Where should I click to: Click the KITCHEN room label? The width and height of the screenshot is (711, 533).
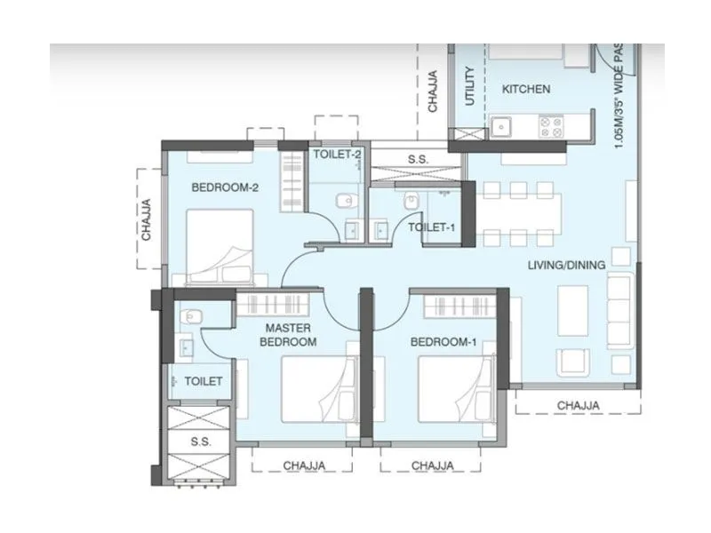click(x=526, y=89)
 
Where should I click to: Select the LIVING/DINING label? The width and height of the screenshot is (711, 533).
click(x=566, y=265)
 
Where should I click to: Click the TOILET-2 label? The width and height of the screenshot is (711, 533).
click(x=337, y=154)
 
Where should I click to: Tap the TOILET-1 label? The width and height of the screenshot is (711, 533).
click(x=432, y=227)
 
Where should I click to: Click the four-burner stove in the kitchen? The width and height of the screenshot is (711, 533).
click(x=549, y=127)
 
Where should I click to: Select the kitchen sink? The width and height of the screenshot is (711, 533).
click(x=501, y=127)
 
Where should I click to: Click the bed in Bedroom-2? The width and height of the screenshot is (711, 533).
click(x=220, y=247)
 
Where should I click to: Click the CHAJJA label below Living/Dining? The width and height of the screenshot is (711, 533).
click(x=578, y=405)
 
